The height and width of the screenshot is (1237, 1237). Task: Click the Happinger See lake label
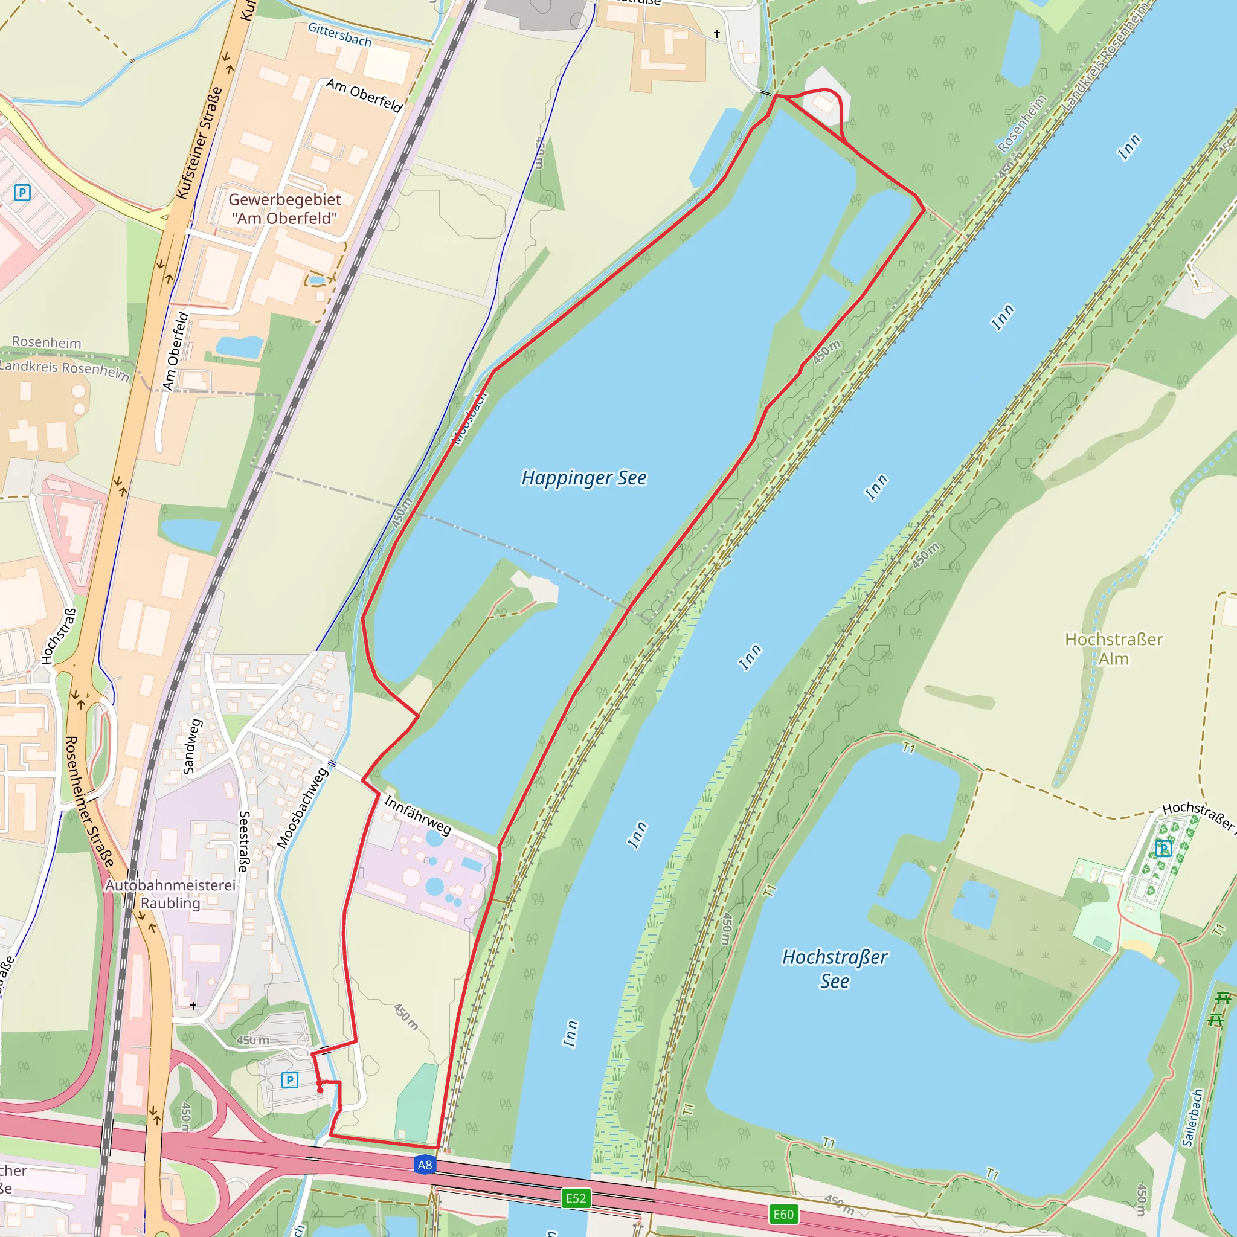tap(583, 478)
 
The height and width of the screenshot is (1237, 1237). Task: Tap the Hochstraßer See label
tap(834, 969)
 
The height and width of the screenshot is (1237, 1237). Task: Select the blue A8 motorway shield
tap(425, 1165)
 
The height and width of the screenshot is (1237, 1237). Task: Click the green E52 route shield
tap(576, 1198)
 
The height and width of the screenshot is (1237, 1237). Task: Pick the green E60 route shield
tap(783, 1215)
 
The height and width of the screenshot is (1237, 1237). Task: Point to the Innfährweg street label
tap(418, 814)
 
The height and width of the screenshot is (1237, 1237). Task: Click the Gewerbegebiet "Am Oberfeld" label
tap(284, 209)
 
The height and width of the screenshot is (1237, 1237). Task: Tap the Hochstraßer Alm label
tap(1113, 649)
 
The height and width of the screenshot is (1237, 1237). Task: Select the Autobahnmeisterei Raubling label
tap(170, 894)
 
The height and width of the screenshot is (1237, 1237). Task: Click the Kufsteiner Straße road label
tap(199, 143)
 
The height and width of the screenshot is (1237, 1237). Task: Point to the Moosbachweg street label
tap(302, 808)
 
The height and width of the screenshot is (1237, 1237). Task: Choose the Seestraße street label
tap(243, 841)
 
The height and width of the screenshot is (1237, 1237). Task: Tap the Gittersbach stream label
tap(339, 34)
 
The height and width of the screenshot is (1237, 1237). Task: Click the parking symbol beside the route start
tap(289, 1080)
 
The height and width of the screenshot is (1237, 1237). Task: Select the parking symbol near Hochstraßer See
tap(1163, 849)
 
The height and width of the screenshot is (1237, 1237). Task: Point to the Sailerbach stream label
tap(1193, 1117)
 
